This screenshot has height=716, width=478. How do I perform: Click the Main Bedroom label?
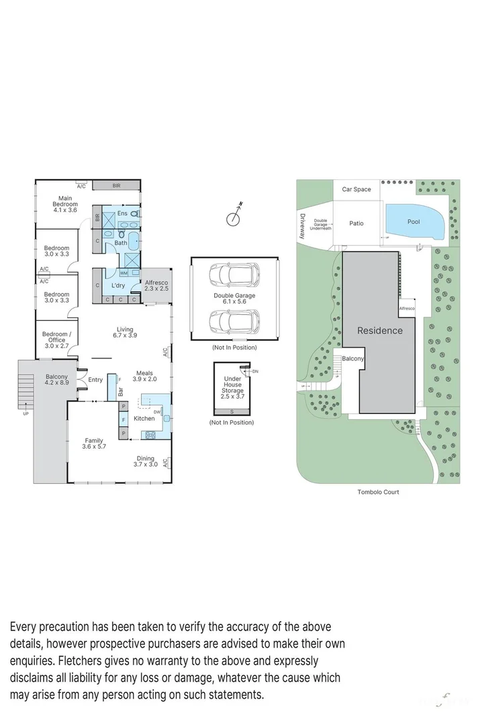tap(65, 204)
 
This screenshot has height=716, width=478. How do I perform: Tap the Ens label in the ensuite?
tap(122, 213)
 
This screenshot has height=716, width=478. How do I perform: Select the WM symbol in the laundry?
tap(124, 273)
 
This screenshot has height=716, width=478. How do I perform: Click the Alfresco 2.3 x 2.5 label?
tap(156, 285)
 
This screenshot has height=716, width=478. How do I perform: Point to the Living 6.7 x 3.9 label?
tap(125, 332)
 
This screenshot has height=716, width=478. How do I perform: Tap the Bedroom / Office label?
tap(55, 340)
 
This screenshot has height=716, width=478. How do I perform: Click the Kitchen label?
tap(144, 418)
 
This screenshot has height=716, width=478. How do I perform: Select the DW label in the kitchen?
tap(156, 411)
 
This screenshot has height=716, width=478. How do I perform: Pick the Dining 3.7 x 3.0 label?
tap(146, 462)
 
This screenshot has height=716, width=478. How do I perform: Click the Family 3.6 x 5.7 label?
tap(94, 444)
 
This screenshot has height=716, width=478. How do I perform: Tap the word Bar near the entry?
tap(121, 390)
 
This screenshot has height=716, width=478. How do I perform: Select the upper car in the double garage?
tap(233, 275)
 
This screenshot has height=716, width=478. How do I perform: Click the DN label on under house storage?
tap(255, 370)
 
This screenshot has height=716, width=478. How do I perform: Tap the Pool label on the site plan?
tap(414, 221)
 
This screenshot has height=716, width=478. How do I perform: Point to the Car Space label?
tap(356, 189)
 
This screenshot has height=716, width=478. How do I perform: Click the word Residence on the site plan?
tap(379, 330)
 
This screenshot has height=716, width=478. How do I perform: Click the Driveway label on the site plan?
tap(303, 226)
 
